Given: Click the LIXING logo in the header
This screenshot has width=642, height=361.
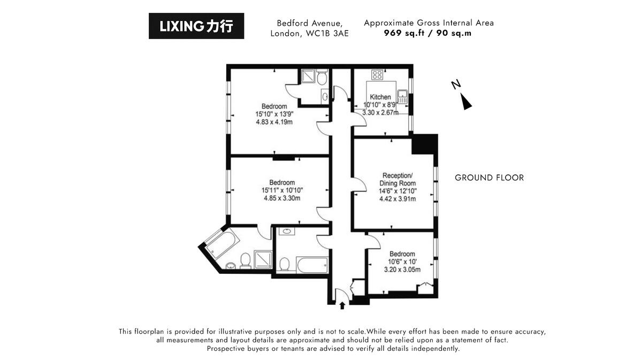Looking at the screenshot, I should [x=196, y=26].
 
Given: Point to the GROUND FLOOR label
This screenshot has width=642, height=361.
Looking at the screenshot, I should [x=489, y=178].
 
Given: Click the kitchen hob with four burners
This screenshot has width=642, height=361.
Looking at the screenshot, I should [x=377, y=75].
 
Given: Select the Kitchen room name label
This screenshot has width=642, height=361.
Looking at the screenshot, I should [x=380, y=97].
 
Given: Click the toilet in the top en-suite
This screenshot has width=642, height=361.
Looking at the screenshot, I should [x=322, y=79].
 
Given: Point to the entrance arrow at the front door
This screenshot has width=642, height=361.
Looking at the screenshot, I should [x=342, y=306].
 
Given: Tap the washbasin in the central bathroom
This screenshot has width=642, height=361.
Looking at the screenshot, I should [x=287, y=232].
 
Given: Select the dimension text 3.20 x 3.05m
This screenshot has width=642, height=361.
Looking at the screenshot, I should [x=402, y=270].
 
